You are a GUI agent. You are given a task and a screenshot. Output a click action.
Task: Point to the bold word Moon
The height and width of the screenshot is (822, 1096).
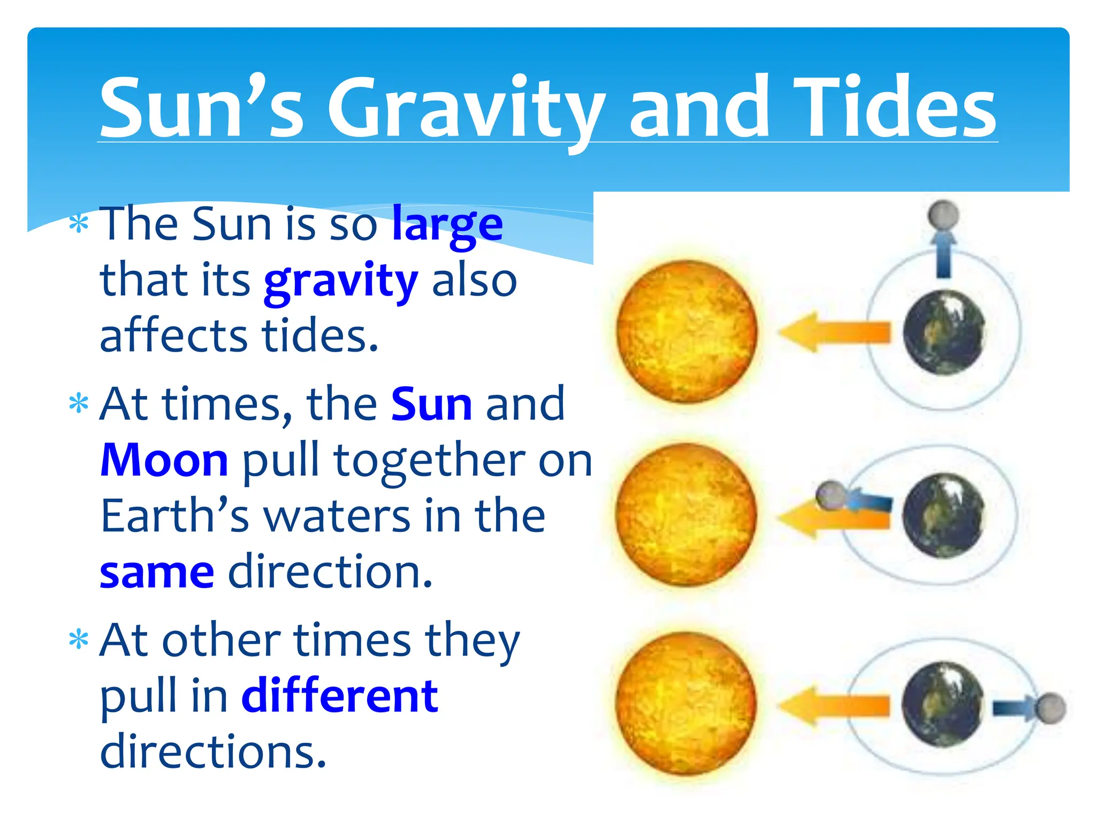[164, 460]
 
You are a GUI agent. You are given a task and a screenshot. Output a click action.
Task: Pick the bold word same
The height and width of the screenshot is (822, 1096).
[157, 573]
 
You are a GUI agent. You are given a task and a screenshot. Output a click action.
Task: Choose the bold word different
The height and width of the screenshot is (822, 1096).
[340, 696]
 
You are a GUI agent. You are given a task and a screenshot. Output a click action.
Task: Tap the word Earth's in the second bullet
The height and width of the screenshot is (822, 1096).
[175, 516]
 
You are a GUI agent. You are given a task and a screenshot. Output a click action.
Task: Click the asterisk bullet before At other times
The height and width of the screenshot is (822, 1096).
[79, 640]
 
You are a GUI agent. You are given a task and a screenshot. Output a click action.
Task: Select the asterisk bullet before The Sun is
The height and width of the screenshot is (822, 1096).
[79, 224]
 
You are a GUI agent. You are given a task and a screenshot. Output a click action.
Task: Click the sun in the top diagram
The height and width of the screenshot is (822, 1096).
[687, 331]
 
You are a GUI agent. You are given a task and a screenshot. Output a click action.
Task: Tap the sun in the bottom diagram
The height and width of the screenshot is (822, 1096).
[686, 703]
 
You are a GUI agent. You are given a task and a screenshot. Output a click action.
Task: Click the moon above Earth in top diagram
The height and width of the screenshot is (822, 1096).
[943, 215]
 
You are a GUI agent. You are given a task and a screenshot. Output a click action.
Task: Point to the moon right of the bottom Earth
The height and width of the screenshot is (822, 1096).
[1051, 708]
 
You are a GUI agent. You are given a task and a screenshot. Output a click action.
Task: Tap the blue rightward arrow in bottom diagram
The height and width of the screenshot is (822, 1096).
[1014, 708]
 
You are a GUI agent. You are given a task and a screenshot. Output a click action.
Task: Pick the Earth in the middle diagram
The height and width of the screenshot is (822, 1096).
[943, 515]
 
